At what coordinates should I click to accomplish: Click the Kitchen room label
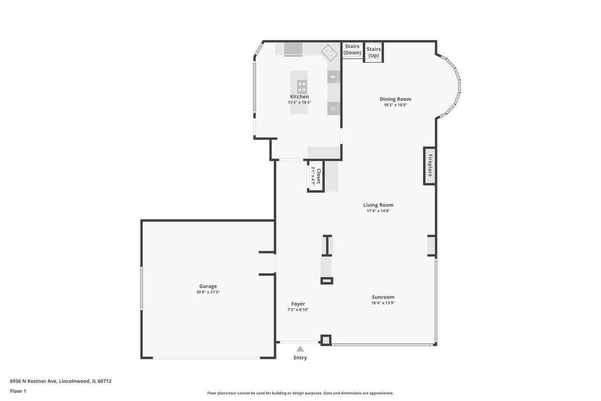[299, 96]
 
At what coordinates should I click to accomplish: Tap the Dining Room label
[395, 99]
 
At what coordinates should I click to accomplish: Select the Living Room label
[378, 205]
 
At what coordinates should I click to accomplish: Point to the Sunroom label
[383, 297]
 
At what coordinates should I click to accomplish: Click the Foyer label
[298, 304]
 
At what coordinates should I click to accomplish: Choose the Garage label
[208, 286]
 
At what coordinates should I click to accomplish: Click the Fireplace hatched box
[430, 166]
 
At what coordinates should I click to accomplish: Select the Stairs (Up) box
[374, 52]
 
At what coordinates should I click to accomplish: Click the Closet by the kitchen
[316, 176]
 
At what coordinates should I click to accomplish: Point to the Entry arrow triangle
[300, 349]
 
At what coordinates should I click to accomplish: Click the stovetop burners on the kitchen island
[302, 87]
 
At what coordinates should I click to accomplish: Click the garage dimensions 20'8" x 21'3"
[208, 292]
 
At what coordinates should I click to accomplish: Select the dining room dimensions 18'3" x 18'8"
[395, 105]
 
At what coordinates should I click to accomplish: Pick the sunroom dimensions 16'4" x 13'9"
[383, 303]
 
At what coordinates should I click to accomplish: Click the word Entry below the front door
[300, 358]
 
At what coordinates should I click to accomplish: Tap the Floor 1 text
[18, 391]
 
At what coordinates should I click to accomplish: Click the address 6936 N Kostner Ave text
[33, 381]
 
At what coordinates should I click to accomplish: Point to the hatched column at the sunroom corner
[326, 340]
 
